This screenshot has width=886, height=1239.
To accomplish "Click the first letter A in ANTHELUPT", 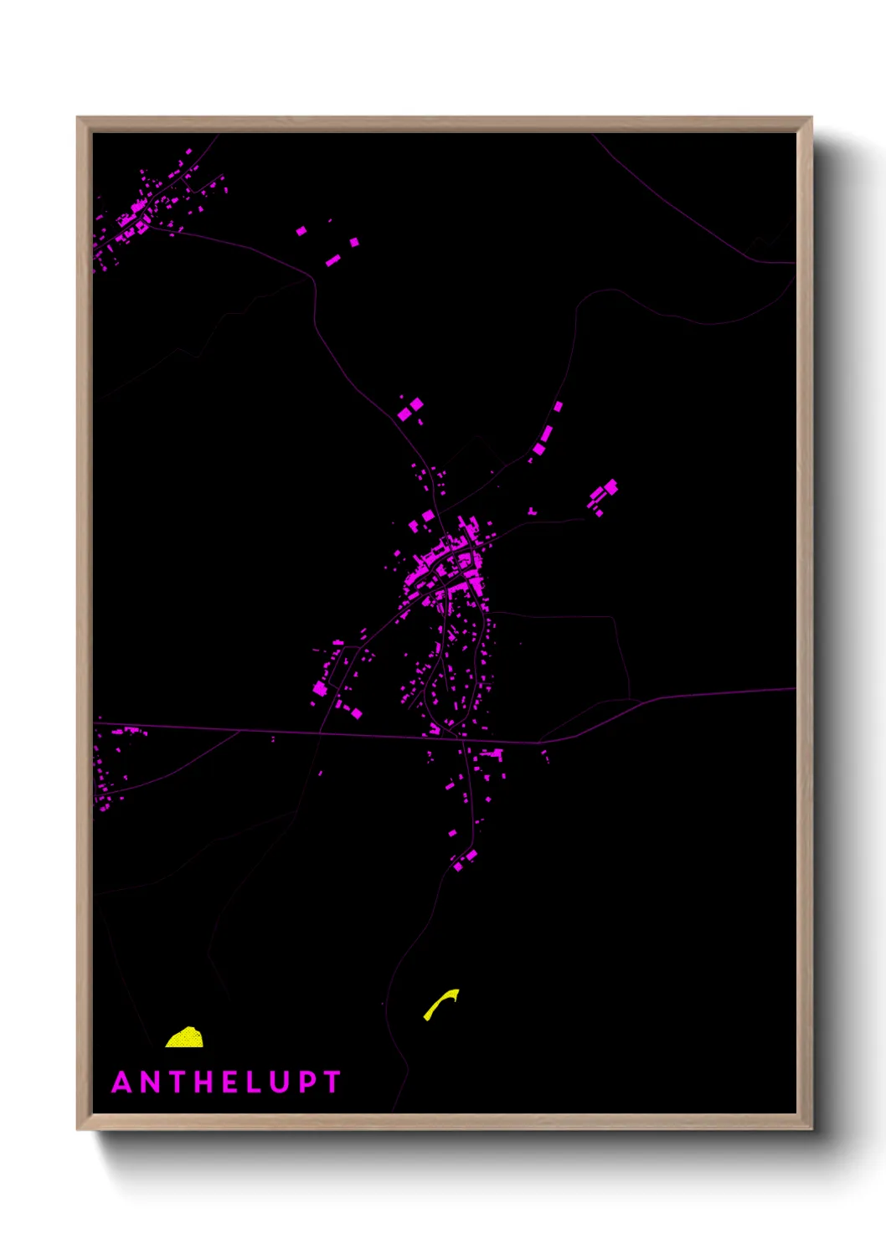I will [x=122, y=1082].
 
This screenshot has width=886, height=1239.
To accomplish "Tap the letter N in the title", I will [x=150, y=1082].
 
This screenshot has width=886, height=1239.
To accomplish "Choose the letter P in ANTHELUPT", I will [x=306, y=1082].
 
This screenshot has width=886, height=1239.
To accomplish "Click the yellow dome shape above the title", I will [x=185, y=1038].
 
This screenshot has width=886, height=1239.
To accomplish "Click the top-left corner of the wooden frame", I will [x=79, y=119].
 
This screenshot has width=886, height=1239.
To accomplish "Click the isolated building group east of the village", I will [x=603, y=496].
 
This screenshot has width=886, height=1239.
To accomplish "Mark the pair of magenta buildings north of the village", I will [x=410, y=409].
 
